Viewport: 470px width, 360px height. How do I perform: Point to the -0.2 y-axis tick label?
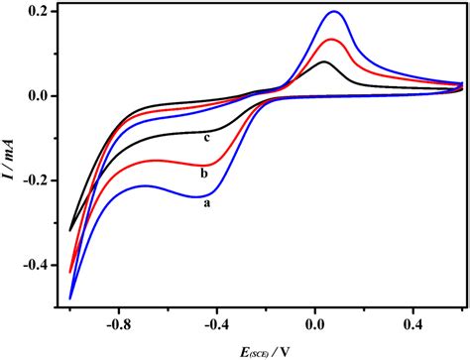[34, 180]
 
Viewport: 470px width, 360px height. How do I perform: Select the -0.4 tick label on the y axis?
[34, 265]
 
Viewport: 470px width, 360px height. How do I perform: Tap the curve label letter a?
[206, 203]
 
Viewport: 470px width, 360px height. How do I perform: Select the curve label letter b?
[203, 173]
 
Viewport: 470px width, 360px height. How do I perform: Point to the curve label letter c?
[205, 138]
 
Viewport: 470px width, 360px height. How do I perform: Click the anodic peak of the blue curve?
[334, 12]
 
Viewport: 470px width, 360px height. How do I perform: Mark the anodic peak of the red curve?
[331, 40]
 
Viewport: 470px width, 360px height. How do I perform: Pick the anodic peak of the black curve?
[324, 61]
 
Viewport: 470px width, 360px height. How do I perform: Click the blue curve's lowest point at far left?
[70, 298]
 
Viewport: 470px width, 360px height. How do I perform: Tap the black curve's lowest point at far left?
[70, 229]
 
